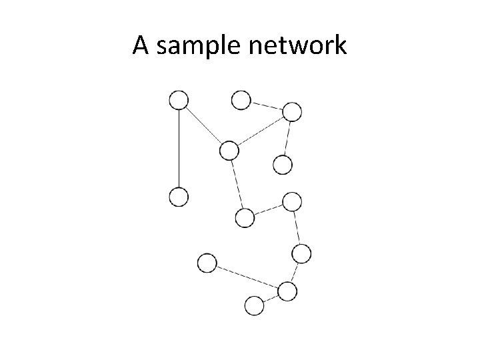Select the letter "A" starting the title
point(140,46)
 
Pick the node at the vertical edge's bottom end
point(179,197)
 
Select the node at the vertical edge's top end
point(179,101)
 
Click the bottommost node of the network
point(254,305)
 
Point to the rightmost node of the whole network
point(302,253)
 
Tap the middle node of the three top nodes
point(241,100)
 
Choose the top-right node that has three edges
point(292,111)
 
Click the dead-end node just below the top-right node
point(283,164)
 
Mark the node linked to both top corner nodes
point(229,151)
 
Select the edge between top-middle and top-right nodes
point(266,105)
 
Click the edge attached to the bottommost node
point(271,298)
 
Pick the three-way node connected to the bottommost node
point(287,291)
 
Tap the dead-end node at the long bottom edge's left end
point(207,263)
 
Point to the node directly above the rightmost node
point(292,201)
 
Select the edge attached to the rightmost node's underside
point(295,272)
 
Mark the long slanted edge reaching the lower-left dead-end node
point(247,277)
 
